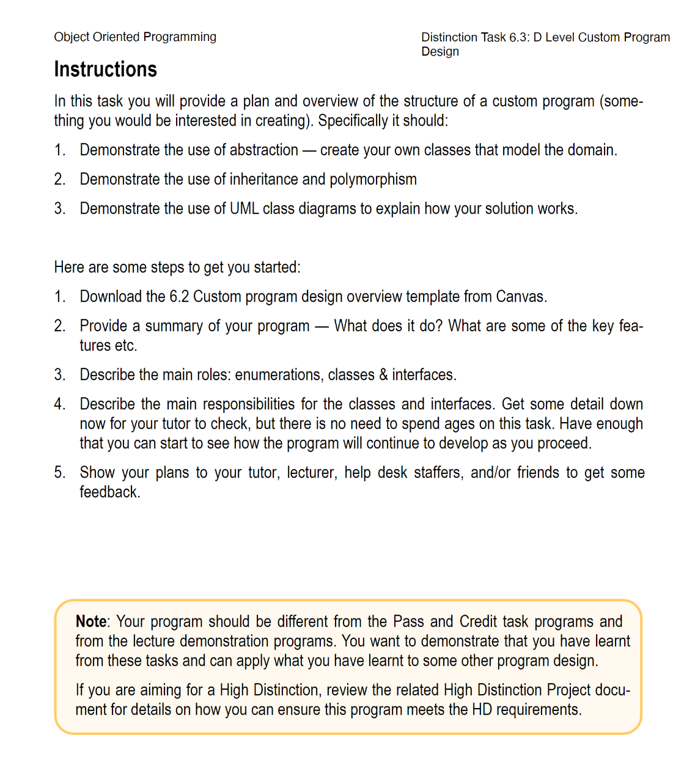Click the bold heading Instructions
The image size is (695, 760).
pyautogui.click(x=105, y=70)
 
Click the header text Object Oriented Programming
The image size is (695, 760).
pyautogui.click(x=135, y=37)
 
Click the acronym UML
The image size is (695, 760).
pyautogui.click(x=245, y=208)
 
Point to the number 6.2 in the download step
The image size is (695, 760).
pyautogui.click(x=179, y=296)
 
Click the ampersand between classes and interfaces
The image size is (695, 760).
pyautogui.click(x=383, y=375)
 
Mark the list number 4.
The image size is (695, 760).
pyautogui.click(x=59, y=404)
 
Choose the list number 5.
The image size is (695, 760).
pyautogui.click(x=59, y=472)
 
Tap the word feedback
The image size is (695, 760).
pyautogui.click(x=109, y=492)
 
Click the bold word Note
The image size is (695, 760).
pyautogui.click(x=90, y=621)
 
